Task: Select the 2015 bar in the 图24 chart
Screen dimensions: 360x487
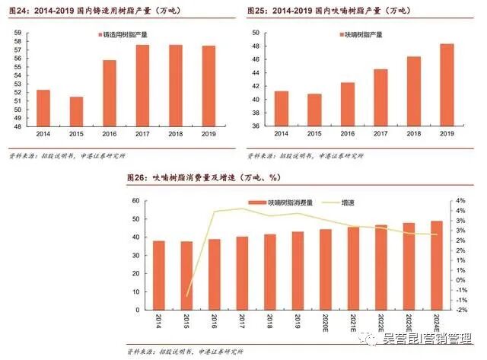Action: click(x=75, y=112)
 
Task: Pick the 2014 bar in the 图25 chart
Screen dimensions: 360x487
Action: click(x=282, y=109)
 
